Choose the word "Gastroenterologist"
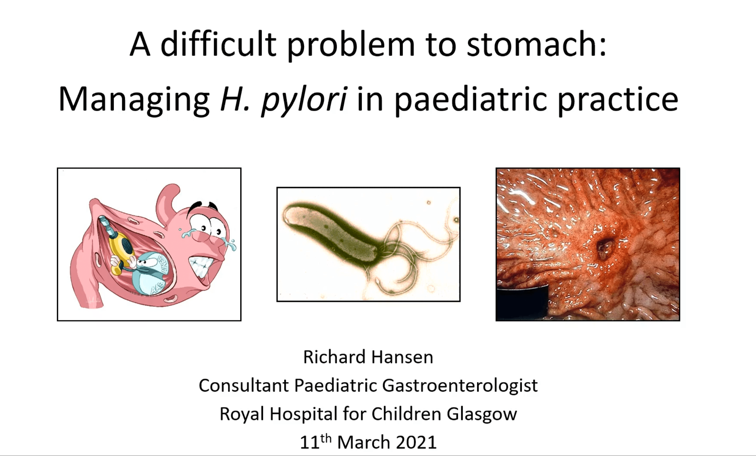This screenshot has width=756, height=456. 460,386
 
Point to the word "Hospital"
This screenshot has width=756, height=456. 303,414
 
